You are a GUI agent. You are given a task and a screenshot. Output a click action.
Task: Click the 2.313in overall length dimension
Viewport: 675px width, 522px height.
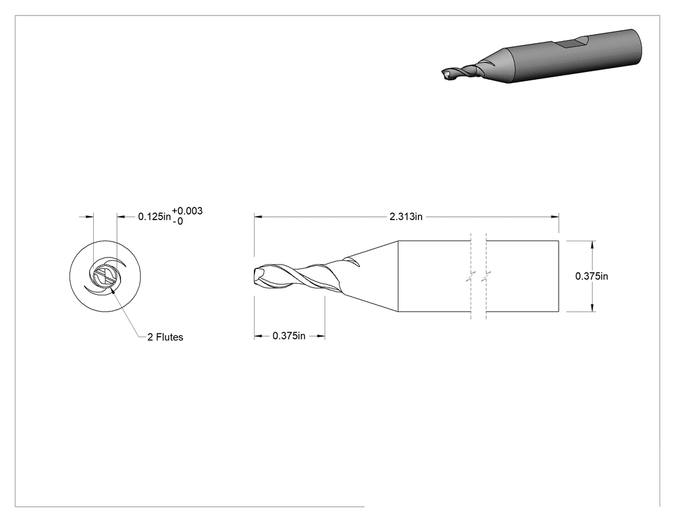point(406,217)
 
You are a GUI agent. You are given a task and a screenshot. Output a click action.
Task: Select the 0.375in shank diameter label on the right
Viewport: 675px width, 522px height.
point(591,276)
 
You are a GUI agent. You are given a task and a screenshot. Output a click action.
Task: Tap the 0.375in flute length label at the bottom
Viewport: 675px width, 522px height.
point(289,336)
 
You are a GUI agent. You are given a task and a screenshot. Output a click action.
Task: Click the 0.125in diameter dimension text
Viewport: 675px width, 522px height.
point(154,216)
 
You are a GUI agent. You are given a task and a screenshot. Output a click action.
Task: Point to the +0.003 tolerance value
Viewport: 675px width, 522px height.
point(187,210)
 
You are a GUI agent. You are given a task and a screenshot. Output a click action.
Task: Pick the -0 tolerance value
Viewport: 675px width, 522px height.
point(178,221)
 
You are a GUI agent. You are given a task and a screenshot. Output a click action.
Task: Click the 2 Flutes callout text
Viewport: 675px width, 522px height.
point(165,337)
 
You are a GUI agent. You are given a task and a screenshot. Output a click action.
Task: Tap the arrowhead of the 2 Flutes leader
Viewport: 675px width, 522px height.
point(113,291)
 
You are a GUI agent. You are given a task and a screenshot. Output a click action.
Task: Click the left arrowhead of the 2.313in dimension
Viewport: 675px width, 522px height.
point(258,217)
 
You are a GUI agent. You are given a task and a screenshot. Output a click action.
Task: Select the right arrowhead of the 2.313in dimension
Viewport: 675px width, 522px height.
point(555,217)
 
